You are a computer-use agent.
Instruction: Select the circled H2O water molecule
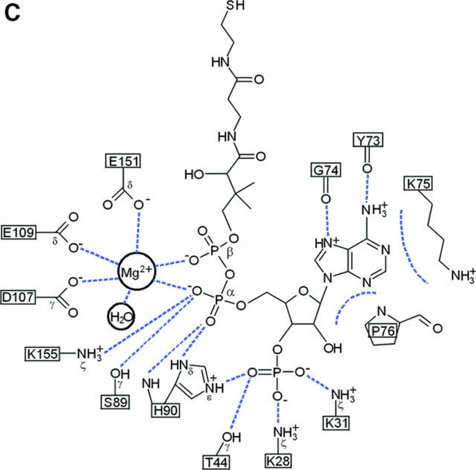coord(121,318)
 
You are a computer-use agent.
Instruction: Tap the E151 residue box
coord(124,162)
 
